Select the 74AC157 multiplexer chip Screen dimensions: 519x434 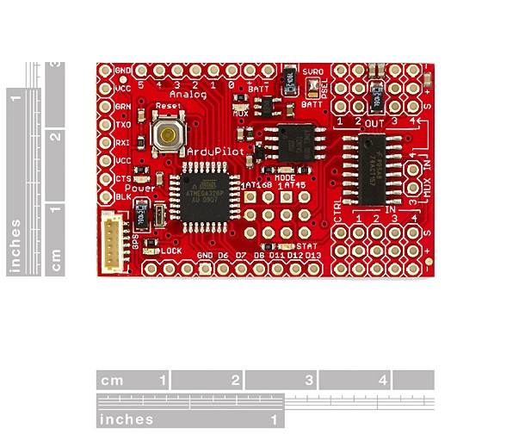(x=375, y=170)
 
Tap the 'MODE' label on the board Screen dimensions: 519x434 (x=285, y=176)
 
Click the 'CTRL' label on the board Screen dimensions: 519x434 (x=337, y=209)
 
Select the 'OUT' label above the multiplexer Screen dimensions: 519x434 (x=374, y=123)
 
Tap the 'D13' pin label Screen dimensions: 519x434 (x=312, y=256)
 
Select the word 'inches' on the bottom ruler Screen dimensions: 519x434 (x=127, y=419)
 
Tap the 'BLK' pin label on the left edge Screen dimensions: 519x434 (x=123, y=196)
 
